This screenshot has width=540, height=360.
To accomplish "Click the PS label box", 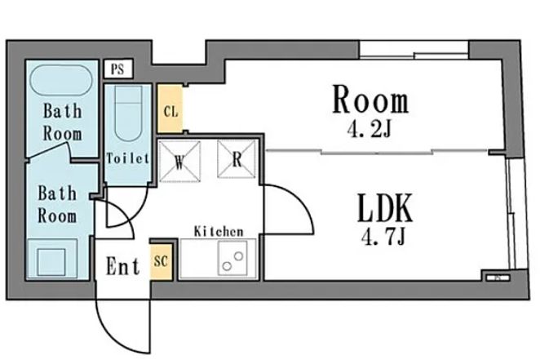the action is coord(118,69).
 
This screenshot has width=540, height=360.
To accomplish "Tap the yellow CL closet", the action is coord(170,109).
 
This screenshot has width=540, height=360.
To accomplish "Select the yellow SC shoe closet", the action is coord(161,261).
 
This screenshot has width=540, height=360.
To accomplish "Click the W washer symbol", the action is coord(179,162).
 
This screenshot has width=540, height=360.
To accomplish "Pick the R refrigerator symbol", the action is coord(237,159).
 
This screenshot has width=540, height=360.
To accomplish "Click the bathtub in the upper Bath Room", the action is coord(61,80).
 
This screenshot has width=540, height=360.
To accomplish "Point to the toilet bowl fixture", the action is coord(128,113).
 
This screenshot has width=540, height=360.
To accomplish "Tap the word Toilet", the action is coord(128,158).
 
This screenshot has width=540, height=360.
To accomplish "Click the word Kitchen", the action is coord(219,231).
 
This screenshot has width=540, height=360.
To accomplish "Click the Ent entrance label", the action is coord(123,266).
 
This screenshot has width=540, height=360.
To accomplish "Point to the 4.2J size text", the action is coord(370,130).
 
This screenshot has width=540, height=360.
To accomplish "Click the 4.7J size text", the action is coord(383,237).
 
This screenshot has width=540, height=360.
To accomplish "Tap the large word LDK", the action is coord(385,208).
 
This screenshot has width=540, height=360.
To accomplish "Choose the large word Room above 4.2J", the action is coord(370,100).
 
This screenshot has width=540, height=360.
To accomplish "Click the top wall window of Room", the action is coord(414,50).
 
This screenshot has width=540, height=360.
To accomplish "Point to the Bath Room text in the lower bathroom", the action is coord(57,204).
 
